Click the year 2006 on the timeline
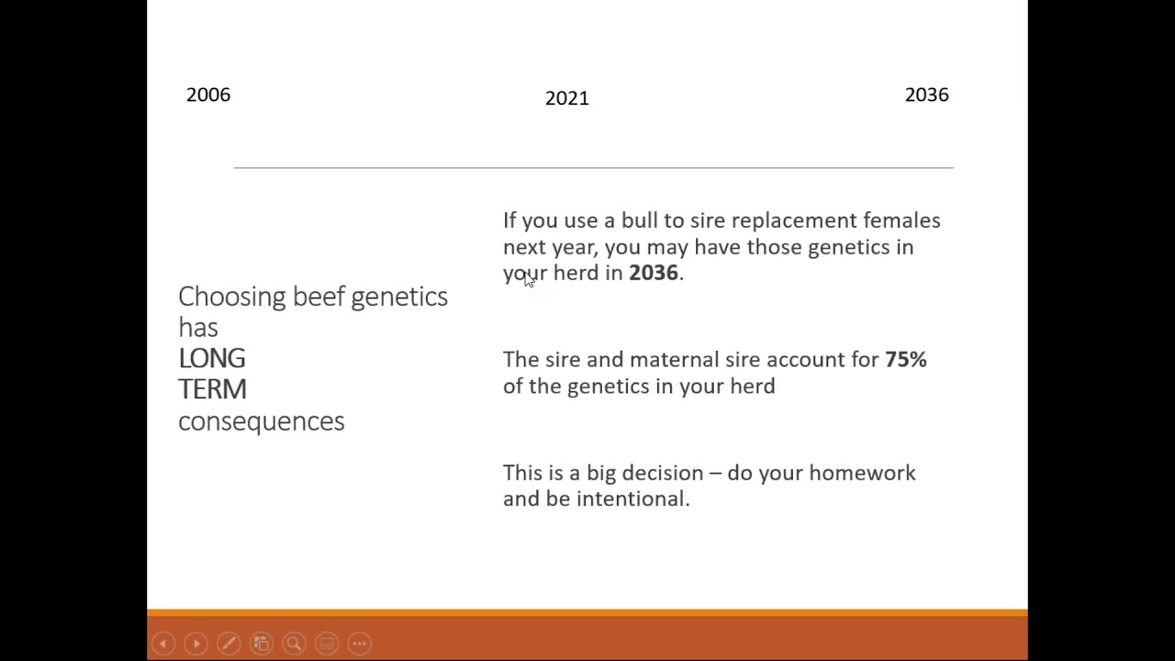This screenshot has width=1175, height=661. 208,95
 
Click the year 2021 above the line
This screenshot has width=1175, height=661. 566,98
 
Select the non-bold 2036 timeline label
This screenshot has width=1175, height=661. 926,95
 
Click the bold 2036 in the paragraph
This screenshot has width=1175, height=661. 653,273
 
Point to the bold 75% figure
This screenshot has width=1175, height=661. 905,359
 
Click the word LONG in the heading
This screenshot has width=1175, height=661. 212,358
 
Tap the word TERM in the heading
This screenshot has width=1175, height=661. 212,389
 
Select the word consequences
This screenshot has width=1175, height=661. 261,420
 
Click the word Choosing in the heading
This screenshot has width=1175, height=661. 231,297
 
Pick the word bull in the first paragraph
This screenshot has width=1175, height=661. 640,220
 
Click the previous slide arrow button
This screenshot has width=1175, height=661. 163,644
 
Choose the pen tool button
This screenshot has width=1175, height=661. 229,644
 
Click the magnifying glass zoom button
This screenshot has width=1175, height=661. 294,644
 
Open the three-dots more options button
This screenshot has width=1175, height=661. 359,644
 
